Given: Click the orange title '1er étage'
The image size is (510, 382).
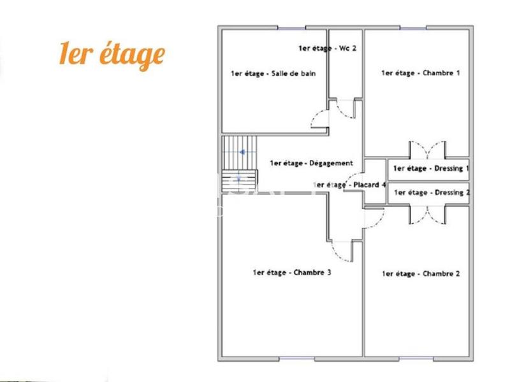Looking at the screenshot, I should click(x=112, y=55).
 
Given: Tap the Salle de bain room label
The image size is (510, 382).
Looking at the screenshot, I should click(x=273, y=73).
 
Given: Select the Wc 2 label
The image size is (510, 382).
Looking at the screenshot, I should click(x=327, y=48).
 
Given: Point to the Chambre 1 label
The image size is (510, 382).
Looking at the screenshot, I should click(x=420, y=73).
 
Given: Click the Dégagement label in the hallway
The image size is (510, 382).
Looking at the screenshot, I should click(x=311, y=163).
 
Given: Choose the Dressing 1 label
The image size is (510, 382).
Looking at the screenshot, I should click(x=432, y=169).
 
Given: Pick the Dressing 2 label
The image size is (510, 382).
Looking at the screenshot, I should click(x=432, y=192).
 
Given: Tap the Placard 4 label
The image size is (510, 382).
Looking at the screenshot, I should click(x=350, y=185).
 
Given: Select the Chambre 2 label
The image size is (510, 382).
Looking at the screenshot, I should click(x=420, y=274).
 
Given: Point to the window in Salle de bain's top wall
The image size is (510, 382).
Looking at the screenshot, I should click(x=291, y=27).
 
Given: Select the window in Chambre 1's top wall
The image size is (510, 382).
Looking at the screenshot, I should click(x=412, y=27).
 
